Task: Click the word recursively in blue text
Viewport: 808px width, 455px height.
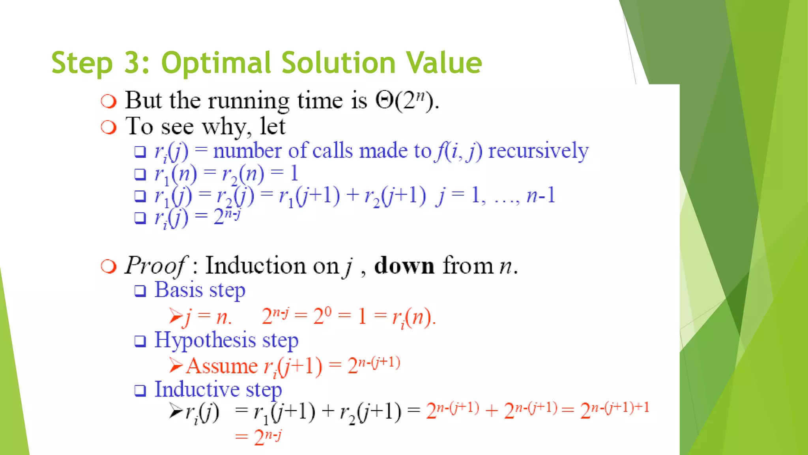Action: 538,151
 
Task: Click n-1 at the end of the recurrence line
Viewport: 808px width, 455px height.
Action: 541,196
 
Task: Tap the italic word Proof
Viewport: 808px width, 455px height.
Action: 155,265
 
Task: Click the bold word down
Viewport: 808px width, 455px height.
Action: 404,265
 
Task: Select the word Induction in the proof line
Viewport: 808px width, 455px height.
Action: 256,265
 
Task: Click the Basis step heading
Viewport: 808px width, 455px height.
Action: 200,291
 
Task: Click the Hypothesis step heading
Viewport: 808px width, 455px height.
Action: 226,341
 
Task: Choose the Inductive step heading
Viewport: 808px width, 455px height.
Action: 218,390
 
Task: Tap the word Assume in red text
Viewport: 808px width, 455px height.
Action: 222,366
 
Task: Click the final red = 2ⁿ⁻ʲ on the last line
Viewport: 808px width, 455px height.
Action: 258,437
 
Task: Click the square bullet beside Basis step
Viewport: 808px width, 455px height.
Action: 140,291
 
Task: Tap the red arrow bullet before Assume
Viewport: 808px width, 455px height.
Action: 176,365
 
